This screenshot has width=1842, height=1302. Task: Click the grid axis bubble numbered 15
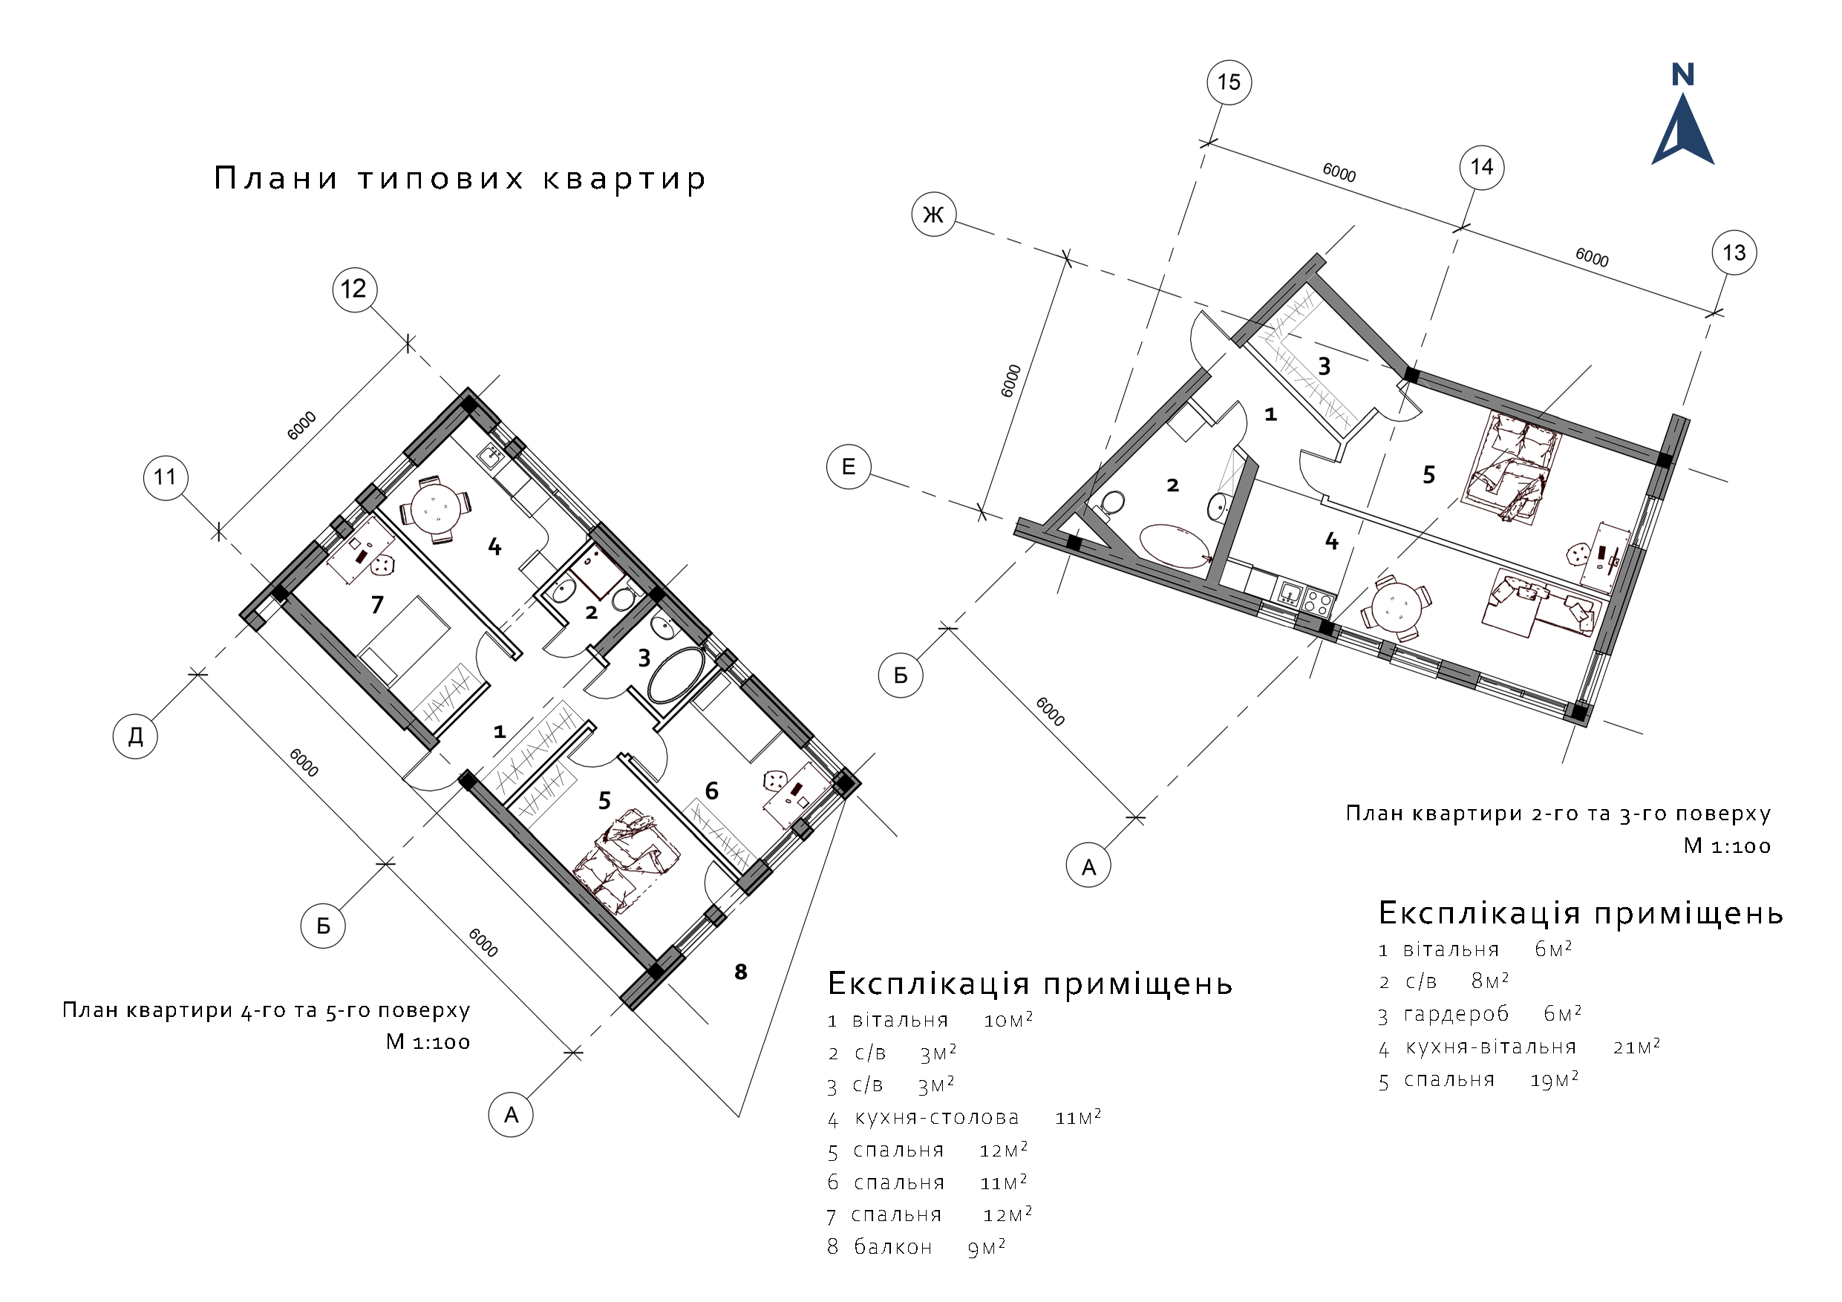point(1228,82)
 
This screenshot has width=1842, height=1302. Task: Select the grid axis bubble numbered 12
point(355,289)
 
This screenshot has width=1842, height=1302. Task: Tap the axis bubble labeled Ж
point(933,215)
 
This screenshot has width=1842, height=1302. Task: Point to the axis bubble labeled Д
point(135,736)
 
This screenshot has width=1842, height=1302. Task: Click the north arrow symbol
point(1682,120)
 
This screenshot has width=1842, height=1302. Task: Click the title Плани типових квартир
point(460,178)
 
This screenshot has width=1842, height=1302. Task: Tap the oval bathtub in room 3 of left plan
point(675,675)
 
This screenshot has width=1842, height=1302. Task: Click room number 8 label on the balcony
point(740,972)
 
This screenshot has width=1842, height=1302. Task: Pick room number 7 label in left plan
point(377,605)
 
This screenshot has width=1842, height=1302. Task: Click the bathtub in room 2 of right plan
point(1175,546)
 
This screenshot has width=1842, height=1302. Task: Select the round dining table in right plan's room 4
point(1396,607)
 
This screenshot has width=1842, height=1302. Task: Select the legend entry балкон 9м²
point(916,1246)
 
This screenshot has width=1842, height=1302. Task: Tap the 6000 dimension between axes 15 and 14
point(1338,172)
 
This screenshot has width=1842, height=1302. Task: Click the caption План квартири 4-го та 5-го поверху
point(266,1010)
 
